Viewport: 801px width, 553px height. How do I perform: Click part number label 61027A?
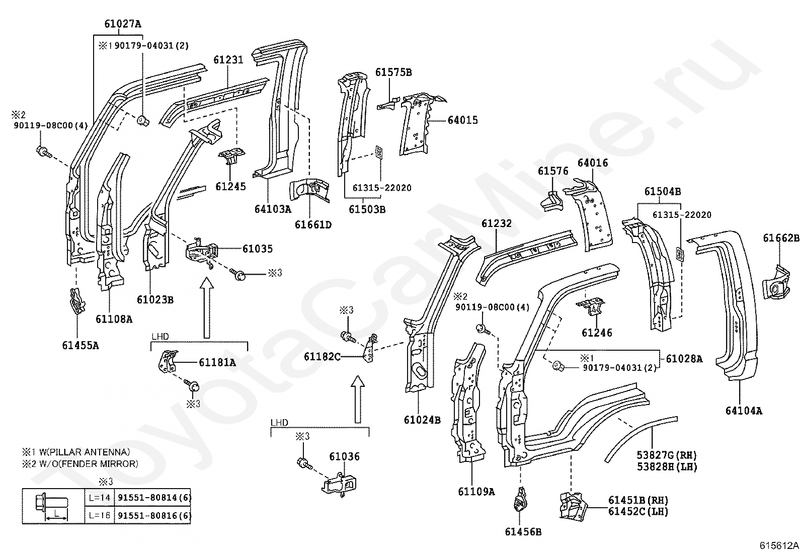tap(123, 23)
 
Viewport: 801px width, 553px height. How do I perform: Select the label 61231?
tap(228, 60)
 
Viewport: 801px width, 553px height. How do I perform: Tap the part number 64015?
tap(462, 120)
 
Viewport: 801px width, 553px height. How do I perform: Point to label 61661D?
tap(313, 224)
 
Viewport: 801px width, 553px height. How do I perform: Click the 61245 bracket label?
tap(230, 187)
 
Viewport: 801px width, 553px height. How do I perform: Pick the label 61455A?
tap(81, 345)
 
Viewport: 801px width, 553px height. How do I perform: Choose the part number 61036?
tap(344, 457)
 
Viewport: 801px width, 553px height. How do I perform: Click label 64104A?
tap(744, 411)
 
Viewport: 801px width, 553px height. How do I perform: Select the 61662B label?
tap(781, 238)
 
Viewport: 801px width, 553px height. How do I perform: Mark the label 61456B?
tap(523, 531)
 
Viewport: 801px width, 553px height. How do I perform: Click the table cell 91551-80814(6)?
tap(153, 498)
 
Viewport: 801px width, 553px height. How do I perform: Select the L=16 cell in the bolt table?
tap(100, 516)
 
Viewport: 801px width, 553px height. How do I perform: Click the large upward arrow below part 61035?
tap(205, 308)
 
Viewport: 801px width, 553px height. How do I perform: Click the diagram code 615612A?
tap(779, 545)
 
